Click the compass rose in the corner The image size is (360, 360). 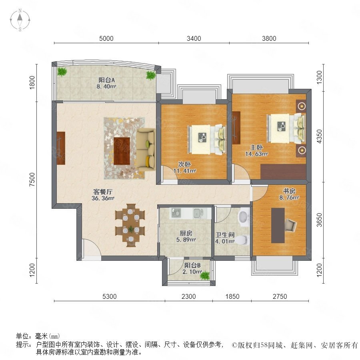click(20, 20)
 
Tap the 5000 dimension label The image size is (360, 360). click(106, 38)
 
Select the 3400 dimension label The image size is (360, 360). click(194, 38)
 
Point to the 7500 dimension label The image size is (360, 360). click(32, 179)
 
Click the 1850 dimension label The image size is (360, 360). click(232, 296)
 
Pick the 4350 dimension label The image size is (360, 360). click(319, 136)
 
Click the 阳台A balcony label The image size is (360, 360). click(107, 80)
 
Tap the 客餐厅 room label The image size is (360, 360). click(103, 192)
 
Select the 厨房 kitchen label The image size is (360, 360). click(186, 233)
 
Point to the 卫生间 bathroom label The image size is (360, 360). click(225, 235)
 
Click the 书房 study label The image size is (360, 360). click(289, 191)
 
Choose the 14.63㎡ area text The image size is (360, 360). click(256, 154)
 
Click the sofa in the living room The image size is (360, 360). click(146, 150)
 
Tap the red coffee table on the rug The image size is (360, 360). click(122, 151)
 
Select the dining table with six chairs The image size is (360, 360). click(130, 225)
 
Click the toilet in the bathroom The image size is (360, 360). click(242, 240)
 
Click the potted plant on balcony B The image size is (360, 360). click(205, 275)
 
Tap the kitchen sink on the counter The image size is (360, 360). click(198, 213)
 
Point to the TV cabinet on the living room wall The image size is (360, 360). click(61, 148)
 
